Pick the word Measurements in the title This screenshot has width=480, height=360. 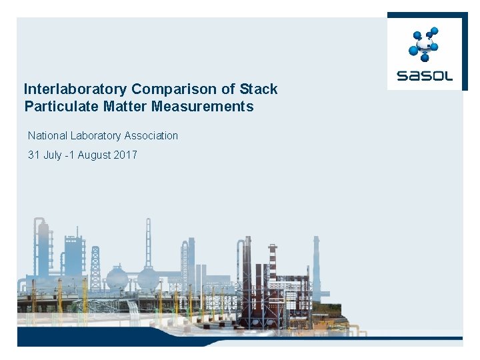pos(203,107)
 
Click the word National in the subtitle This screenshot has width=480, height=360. pos(47,136)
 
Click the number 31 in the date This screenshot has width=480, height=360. pos(34,155)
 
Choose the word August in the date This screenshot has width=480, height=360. pos(95,155)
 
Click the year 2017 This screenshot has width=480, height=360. pos(125,155)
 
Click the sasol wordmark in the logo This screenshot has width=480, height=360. pos(424,75)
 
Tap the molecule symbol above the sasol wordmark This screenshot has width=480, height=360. pos(423,43)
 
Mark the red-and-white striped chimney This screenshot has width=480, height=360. pos(272,267)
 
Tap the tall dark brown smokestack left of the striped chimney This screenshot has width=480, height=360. pos(247,267)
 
